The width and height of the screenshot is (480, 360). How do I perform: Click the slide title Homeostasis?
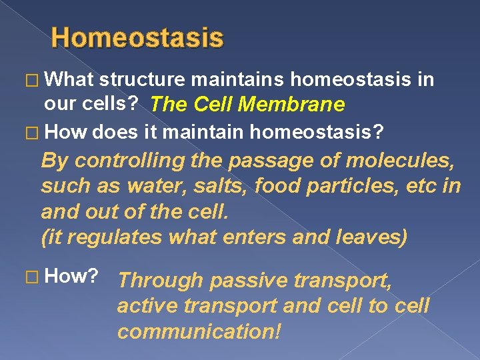137,37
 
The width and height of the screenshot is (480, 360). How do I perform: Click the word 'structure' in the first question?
142,81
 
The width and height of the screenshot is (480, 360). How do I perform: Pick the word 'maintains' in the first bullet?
239,81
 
